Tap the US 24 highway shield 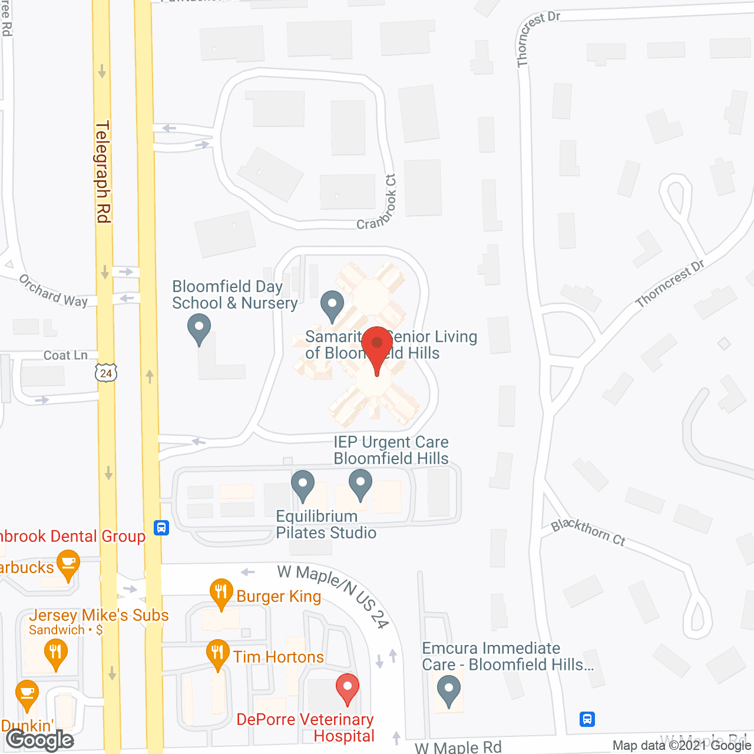click(x=106, y=373)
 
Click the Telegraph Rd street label click(x=103, y=172)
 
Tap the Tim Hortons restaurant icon click(x=217, y=653)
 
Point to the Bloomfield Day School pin click(x=199, y=328)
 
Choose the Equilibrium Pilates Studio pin click(x=303, y=484)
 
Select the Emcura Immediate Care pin click(x=449, y=689)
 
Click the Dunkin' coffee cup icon click(x=27, y=694)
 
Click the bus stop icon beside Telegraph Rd click(x=161, y=527)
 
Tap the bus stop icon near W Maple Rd click(x=587, y=719)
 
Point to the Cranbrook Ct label click(x=377, y=203)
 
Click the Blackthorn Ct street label click(x=588, y=533)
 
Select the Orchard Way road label click(x=53, y=291)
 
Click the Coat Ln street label click(x=65, y=355)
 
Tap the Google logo click(x=40, y=740)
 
